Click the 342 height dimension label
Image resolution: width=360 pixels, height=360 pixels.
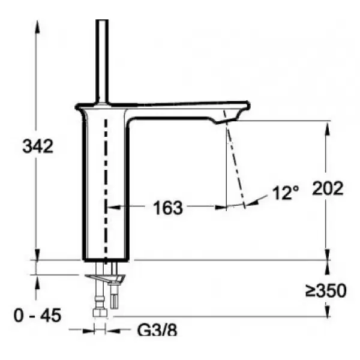point(38,146)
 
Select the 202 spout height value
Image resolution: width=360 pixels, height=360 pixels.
point(328,188)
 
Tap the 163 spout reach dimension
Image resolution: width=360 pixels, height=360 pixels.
point(168,208)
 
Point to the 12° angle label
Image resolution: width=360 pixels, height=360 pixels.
point(286,193)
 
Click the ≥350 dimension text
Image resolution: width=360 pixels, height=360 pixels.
point(326,290)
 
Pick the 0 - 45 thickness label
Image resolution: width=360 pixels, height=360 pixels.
point(37,315)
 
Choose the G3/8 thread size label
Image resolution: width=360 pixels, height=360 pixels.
point(157,331)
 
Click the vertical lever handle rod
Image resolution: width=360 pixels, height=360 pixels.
point(102,61)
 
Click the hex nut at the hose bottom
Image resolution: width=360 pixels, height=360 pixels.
point(100,313)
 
